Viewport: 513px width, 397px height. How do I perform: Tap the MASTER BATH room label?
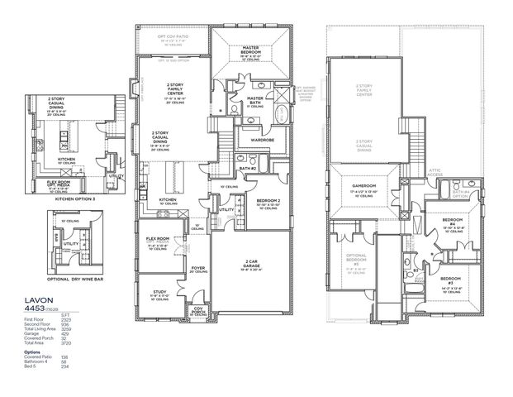click(x=256, y=98)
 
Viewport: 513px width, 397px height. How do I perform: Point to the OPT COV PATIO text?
click(x=173, y=37)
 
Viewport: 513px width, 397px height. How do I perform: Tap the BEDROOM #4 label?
click(x=451, y=222)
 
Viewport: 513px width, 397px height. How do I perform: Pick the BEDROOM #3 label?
click(x=451, y=280)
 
